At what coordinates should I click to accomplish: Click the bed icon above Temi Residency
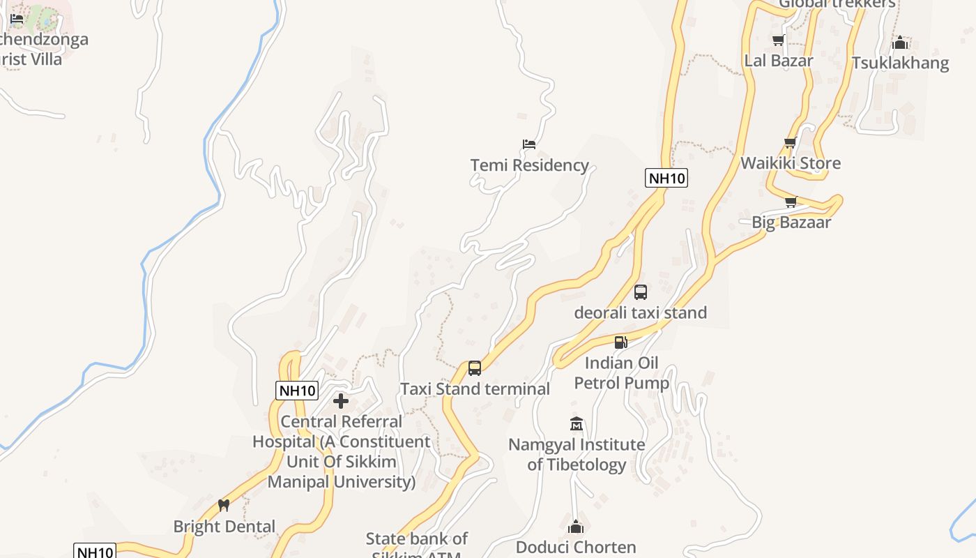tap(529, 144)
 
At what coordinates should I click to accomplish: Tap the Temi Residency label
tap(530, 165)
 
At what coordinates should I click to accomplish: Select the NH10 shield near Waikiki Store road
tap(666, 178)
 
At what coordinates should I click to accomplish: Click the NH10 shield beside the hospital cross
tap(298, 391)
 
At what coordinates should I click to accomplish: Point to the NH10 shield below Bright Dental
tap(95, 552)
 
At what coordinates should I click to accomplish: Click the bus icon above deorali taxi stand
tap(641, 292)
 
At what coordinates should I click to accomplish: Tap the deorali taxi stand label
tap(640, 312)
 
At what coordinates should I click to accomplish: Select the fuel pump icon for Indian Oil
tap(620, 342)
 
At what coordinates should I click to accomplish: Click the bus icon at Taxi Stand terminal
tap(475, 368)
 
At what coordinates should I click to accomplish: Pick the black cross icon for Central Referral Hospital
tap(341, 401)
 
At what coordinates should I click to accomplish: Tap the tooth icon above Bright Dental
tap(224, 506)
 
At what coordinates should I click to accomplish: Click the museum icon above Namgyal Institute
tap(576, 424)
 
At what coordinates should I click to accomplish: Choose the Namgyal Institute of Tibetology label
tap(577, 454)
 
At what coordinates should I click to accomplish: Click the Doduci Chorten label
tap(576, 547)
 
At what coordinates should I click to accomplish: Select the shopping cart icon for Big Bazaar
tap(791, 202)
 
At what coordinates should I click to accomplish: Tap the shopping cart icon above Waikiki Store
tap(790, 143)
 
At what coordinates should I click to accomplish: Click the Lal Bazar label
tap(779, 61)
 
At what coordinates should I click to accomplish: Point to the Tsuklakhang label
tap(900, 63)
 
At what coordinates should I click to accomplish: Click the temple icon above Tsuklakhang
tap(900, 43)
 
